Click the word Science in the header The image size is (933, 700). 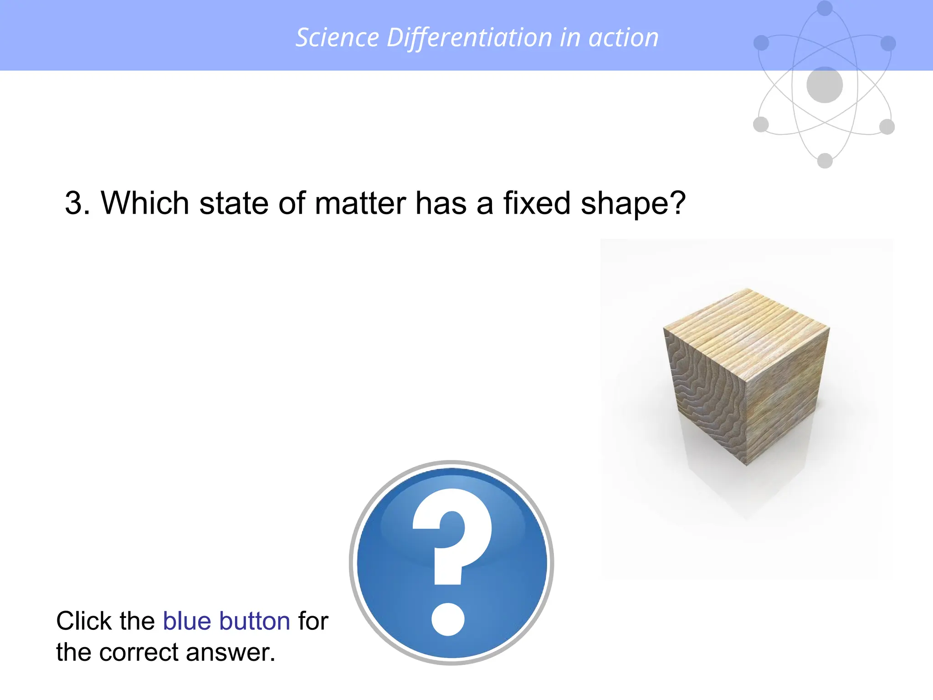[x=337, y=37]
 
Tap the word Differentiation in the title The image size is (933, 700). [x=469, y=37]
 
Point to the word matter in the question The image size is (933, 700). [x=360, y=203]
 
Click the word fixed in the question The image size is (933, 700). [x=537, y=203]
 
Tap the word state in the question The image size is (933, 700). [x=234, y=203]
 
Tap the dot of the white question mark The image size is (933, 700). [x=448, y=619]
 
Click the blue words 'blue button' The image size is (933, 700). [x=226, y=621]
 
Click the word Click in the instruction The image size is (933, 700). [x=82, y=621]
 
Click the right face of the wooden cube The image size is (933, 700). [x=786, y=396]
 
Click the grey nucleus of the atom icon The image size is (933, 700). [x=825, y=85]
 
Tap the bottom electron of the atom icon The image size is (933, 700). [x=825, y=161]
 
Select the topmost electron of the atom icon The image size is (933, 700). [x=825, y=8]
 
